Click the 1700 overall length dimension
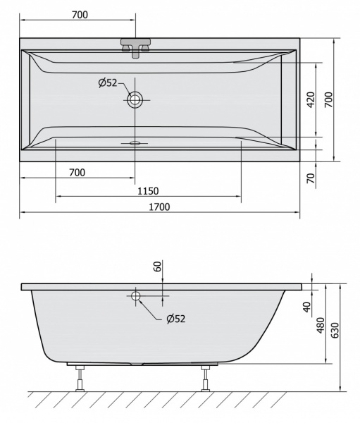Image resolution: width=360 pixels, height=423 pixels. point(159,207)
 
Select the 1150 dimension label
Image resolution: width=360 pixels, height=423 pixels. point(148,191)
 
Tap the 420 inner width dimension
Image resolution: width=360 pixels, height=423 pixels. point(311,100)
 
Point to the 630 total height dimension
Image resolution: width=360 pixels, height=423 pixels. point(335,330)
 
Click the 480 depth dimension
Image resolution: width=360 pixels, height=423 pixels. point(321,325)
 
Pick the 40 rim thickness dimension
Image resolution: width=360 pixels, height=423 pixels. point(307,307)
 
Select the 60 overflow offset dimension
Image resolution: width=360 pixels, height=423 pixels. point(158,266)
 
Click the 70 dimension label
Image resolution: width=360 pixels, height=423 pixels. point(311,178)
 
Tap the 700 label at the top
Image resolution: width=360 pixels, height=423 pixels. point(80,15)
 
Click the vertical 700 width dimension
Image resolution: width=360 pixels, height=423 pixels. point(329,100)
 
